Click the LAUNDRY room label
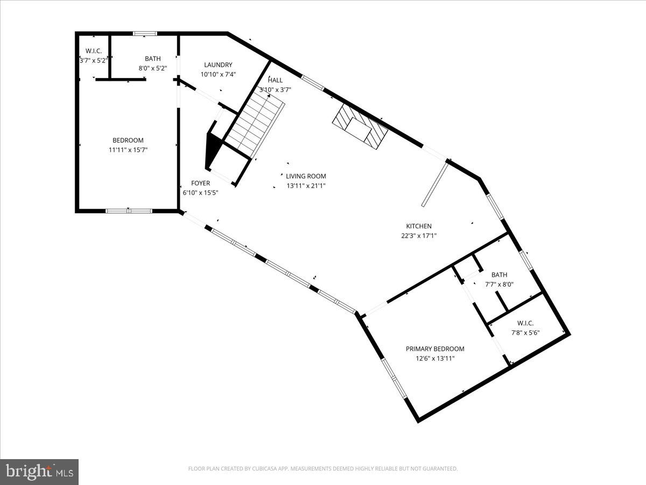click(x=218, y=65)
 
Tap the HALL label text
click(x=275, y=80)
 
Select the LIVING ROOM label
click(x=306, y=176)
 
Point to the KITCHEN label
click(x=419, y=226)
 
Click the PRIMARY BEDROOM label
click(x=435, y=349)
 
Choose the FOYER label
click(x=200, y=183)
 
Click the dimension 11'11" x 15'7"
click(x=128, y=150)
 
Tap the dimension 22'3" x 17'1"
click(x=418, y=235)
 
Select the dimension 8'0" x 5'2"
click(x=152, y=68)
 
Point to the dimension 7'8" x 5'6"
click(x=525, y=332)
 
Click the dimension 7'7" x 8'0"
click(x=499, y=284)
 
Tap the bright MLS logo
click(x=39, y=472)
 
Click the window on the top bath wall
click(x=145, y=33)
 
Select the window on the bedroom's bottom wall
click(x=129, y=211)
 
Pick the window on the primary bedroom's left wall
click(x=395, y=379)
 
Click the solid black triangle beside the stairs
click(x=214, y=151)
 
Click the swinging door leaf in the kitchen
click(x=435, y=183)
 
